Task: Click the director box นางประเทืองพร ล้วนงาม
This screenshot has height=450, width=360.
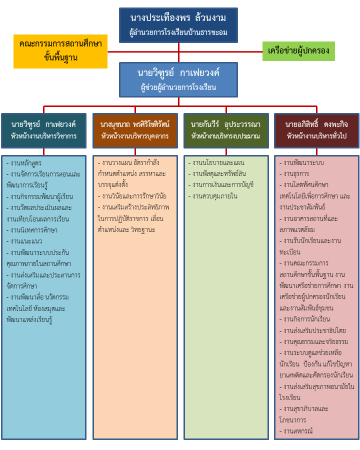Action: (178, 25)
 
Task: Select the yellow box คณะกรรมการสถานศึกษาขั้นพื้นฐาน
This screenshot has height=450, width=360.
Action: (60, 51)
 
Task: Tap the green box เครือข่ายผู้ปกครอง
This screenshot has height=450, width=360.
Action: (298, 51)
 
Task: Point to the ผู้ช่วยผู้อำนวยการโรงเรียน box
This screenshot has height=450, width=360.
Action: (178, 79)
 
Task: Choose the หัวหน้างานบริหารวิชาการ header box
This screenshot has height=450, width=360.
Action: (43, 130)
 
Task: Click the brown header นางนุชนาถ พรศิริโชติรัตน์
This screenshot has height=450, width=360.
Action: (135, 130)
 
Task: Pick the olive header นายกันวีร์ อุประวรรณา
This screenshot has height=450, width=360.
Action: (226, 130)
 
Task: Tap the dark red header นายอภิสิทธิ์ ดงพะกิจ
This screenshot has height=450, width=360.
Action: (316, 130)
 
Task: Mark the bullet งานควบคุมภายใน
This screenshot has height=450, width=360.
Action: (215, 196)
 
